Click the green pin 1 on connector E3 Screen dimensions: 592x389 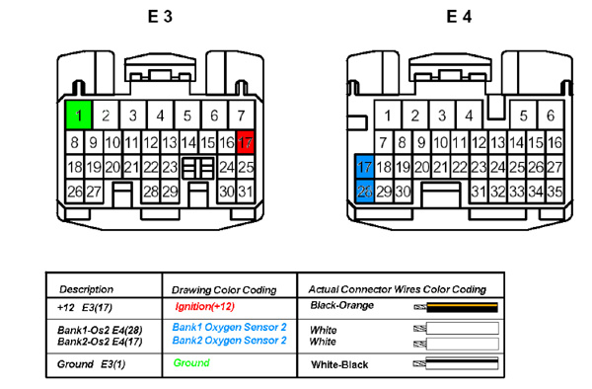pos(79,115)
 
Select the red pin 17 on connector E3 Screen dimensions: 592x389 pos(245,142)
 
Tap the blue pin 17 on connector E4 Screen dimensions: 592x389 pos(365,166)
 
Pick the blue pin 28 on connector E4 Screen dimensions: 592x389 pos(365,192)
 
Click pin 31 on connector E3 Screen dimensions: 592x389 pos(246,192)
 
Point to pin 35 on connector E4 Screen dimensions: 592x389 pos(555,192)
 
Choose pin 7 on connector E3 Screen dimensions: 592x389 pos(242,115)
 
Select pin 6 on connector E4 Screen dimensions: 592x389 pos(551,115)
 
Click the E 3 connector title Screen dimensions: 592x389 pos(160,17)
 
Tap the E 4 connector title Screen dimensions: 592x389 pos(459,17)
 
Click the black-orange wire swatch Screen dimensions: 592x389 pos(456,307)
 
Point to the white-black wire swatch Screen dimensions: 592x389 pos(456,363)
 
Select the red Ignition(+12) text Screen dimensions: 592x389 pos(204,306)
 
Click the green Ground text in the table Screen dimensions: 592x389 pos(191,363)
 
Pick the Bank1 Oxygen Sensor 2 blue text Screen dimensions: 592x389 pos(229,327)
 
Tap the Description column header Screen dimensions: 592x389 pos(86,289)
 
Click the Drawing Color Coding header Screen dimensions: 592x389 pos(224,290)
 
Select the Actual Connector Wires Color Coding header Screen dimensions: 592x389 pos(398,289)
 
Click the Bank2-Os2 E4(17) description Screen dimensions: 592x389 pos(100,342)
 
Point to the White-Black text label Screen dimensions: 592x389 pos(339,365)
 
